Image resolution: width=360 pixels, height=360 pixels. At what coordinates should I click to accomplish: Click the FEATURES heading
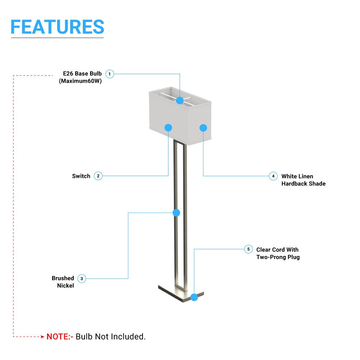[57, 27]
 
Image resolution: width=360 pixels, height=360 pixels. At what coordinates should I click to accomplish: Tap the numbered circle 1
[109, 74]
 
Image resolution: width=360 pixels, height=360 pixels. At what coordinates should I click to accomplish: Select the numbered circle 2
[98, 176]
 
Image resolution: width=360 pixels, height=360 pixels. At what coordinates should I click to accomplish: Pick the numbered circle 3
[81, 279]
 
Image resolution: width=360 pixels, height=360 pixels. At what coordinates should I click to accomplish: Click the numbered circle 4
[273, 176]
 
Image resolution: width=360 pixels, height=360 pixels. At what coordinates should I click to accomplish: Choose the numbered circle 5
[248, 249]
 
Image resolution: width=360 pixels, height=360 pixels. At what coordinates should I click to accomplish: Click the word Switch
[81, 176]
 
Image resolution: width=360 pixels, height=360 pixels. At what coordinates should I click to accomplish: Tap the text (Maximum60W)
[80, 81]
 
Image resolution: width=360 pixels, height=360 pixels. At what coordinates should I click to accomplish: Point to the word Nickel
[66, 285]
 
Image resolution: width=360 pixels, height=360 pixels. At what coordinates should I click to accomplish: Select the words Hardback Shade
[303, 184]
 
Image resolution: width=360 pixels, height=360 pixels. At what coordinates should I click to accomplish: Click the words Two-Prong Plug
[278, 257]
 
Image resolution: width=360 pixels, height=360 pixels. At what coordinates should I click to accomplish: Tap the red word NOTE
[58, 337]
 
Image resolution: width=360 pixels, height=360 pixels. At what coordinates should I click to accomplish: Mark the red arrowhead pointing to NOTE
[42, 337]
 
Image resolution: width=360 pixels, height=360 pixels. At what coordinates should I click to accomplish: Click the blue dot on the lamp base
[194, 297]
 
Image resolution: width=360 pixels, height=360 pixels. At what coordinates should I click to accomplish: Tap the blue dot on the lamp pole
[176, 213]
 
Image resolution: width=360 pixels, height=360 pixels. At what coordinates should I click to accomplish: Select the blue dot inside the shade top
[180, 100]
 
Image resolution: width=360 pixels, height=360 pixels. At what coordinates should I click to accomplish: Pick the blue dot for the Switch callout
[168, 128]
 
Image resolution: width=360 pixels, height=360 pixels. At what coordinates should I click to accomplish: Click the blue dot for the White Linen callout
[203, 128]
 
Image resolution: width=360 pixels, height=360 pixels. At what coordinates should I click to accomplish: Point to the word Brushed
[63, 278]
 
